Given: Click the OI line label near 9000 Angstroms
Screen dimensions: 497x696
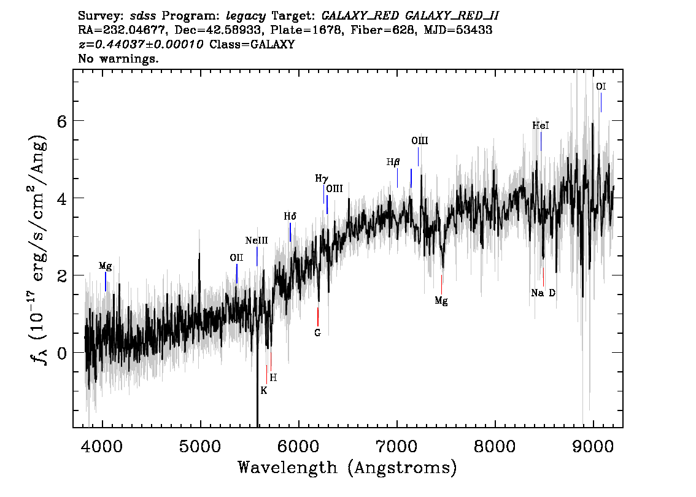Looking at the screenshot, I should (x=601, y=87).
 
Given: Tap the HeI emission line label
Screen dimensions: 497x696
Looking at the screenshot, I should (x=541, y=125).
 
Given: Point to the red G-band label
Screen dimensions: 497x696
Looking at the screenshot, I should (x=317, y=333).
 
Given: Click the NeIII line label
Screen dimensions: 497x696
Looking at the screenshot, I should (x=257, y=241).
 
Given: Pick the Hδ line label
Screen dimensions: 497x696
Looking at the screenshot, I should (x=290, y=217).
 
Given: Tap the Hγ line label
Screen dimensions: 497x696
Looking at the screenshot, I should (x=322, y=179).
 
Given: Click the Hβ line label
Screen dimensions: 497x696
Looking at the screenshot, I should (x=393, y=163).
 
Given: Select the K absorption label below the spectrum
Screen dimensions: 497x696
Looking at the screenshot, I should (x=264, y=390).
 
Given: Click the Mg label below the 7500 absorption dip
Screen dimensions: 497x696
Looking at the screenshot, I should (x=441, y=301).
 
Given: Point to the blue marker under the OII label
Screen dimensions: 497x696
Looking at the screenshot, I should (x=237, y=274).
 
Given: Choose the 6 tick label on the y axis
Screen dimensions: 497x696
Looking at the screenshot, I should (x=61, y=121).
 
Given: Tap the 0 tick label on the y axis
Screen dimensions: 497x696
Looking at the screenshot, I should (x=61, y=353).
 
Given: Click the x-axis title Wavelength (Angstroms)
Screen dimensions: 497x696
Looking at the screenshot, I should (x=347, y=468).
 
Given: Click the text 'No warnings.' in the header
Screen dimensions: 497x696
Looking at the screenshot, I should (x=118, y=60).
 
